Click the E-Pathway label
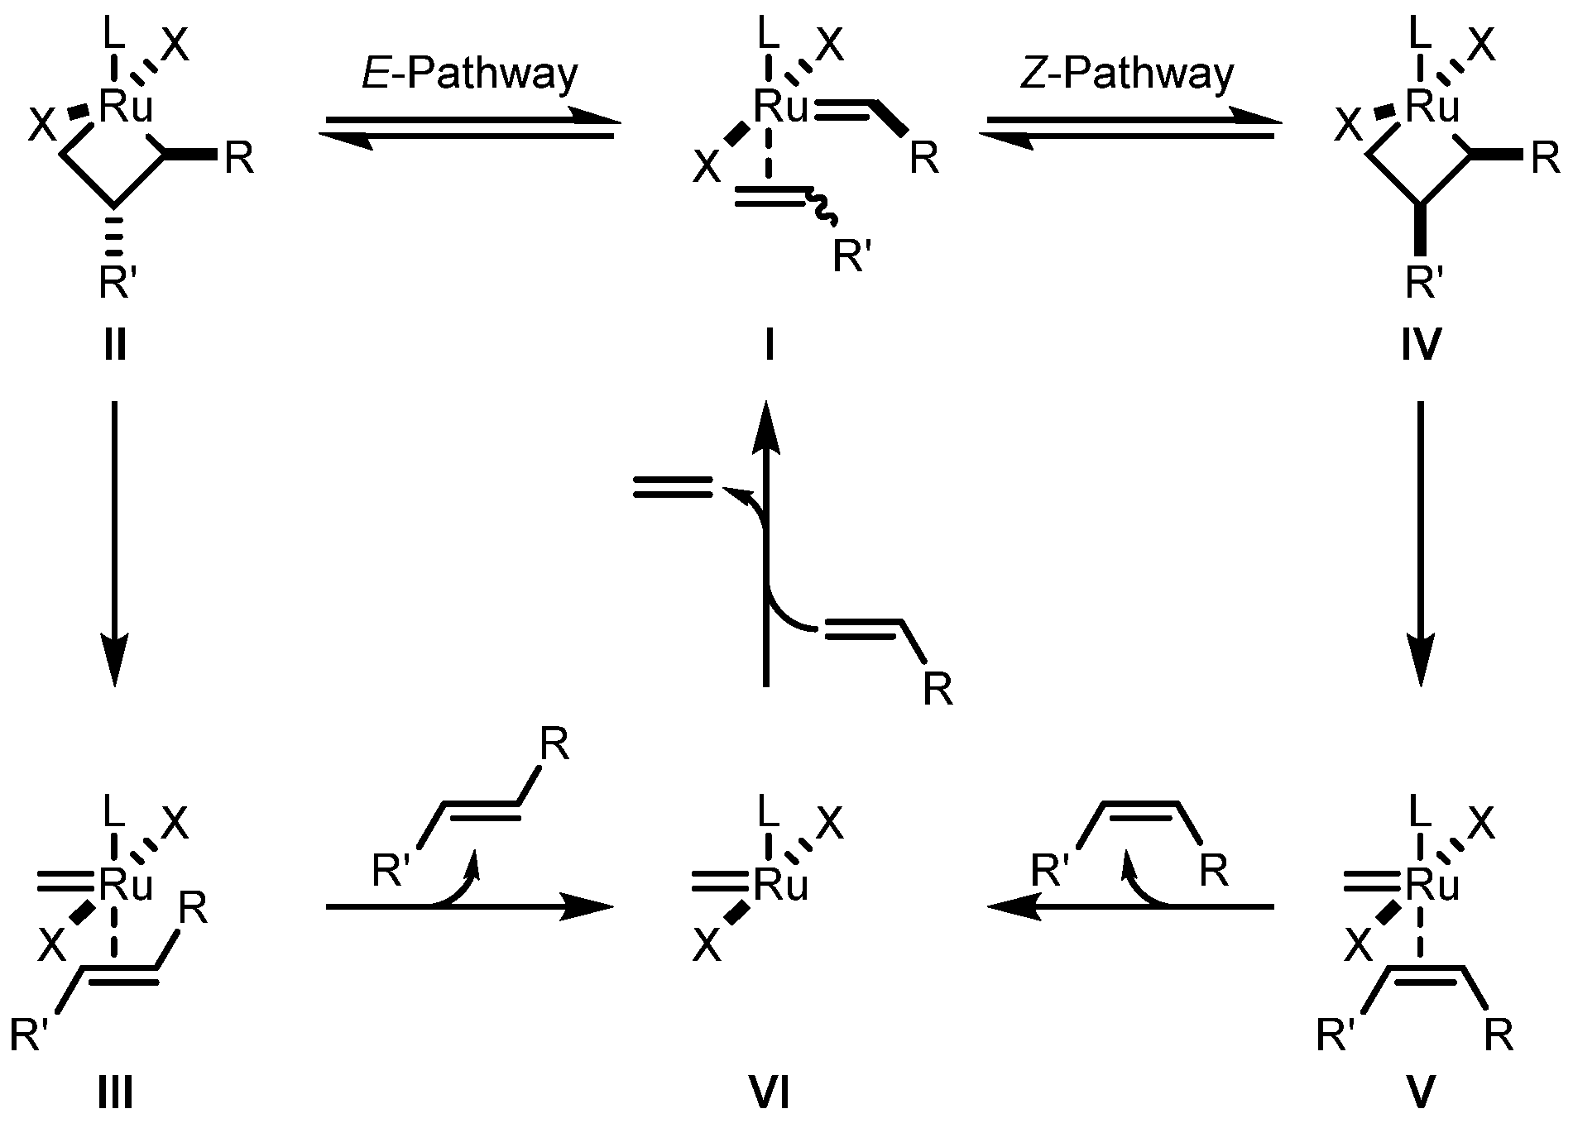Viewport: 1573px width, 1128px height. [x=470, y=74]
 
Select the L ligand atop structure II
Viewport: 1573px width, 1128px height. [x=115, y=35]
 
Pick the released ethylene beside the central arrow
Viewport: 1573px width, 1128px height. [x=672, y=487]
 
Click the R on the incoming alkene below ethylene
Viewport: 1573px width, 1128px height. [x=938, y=689]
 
